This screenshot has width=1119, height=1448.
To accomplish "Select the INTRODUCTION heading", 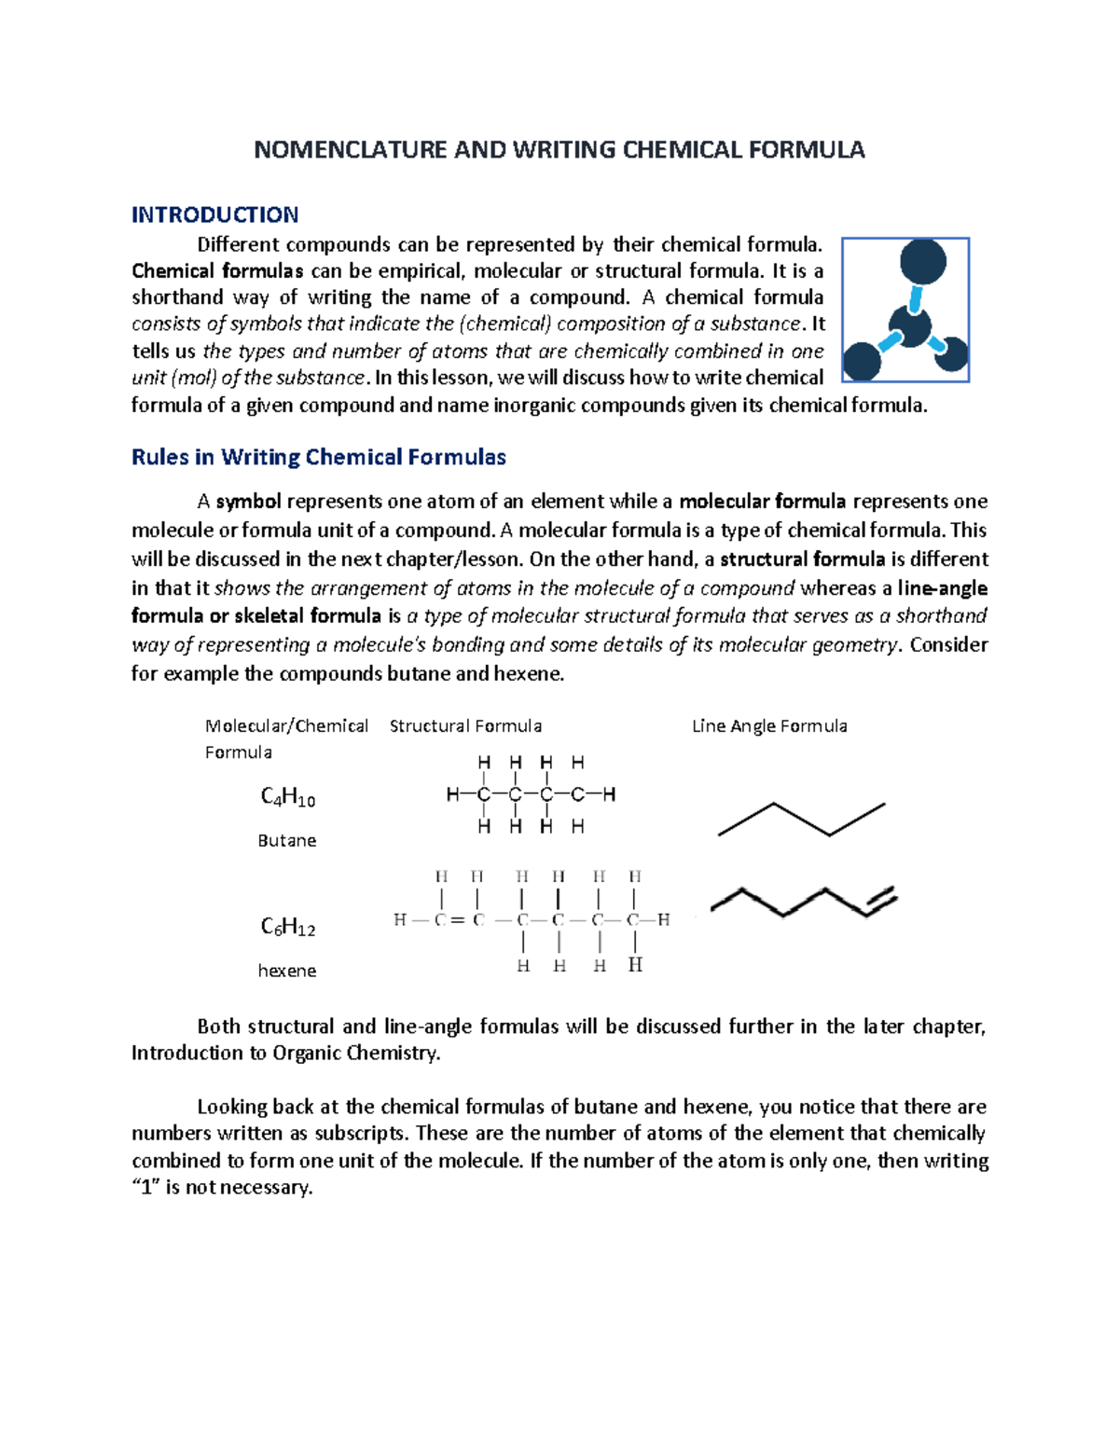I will (214, 215).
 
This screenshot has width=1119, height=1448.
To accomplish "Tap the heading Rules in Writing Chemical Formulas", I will (318, 457).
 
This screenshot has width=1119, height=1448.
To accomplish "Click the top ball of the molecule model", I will (922, 262).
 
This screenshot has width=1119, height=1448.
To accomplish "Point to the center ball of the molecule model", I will (909, 326).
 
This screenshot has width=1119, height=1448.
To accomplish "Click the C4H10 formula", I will (287, 797).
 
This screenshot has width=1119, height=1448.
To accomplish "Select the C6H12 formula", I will (287, 927).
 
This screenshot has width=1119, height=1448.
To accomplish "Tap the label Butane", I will (286, 840).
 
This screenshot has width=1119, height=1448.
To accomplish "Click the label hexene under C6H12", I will (286, 971).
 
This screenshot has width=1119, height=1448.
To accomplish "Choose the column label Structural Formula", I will (465, 726).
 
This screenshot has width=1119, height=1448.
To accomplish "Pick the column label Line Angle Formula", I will (769, 726).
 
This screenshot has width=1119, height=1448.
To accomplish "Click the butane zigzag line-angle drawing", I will (801, 819).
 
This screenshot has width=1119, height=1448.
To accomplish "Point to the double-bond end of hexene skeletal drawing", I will (880, 900).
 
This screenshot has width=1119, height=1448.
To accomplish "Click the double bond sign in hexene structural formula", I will (457, 920).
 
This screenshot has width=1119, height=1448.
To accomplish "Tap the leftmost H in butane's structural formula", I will (452, 795).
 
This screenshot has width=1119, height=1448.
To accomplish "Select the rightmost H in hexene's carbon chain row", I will (663, 920).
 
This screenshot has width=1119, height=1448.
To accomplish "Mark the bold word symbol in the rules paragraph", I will (248, 502).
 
